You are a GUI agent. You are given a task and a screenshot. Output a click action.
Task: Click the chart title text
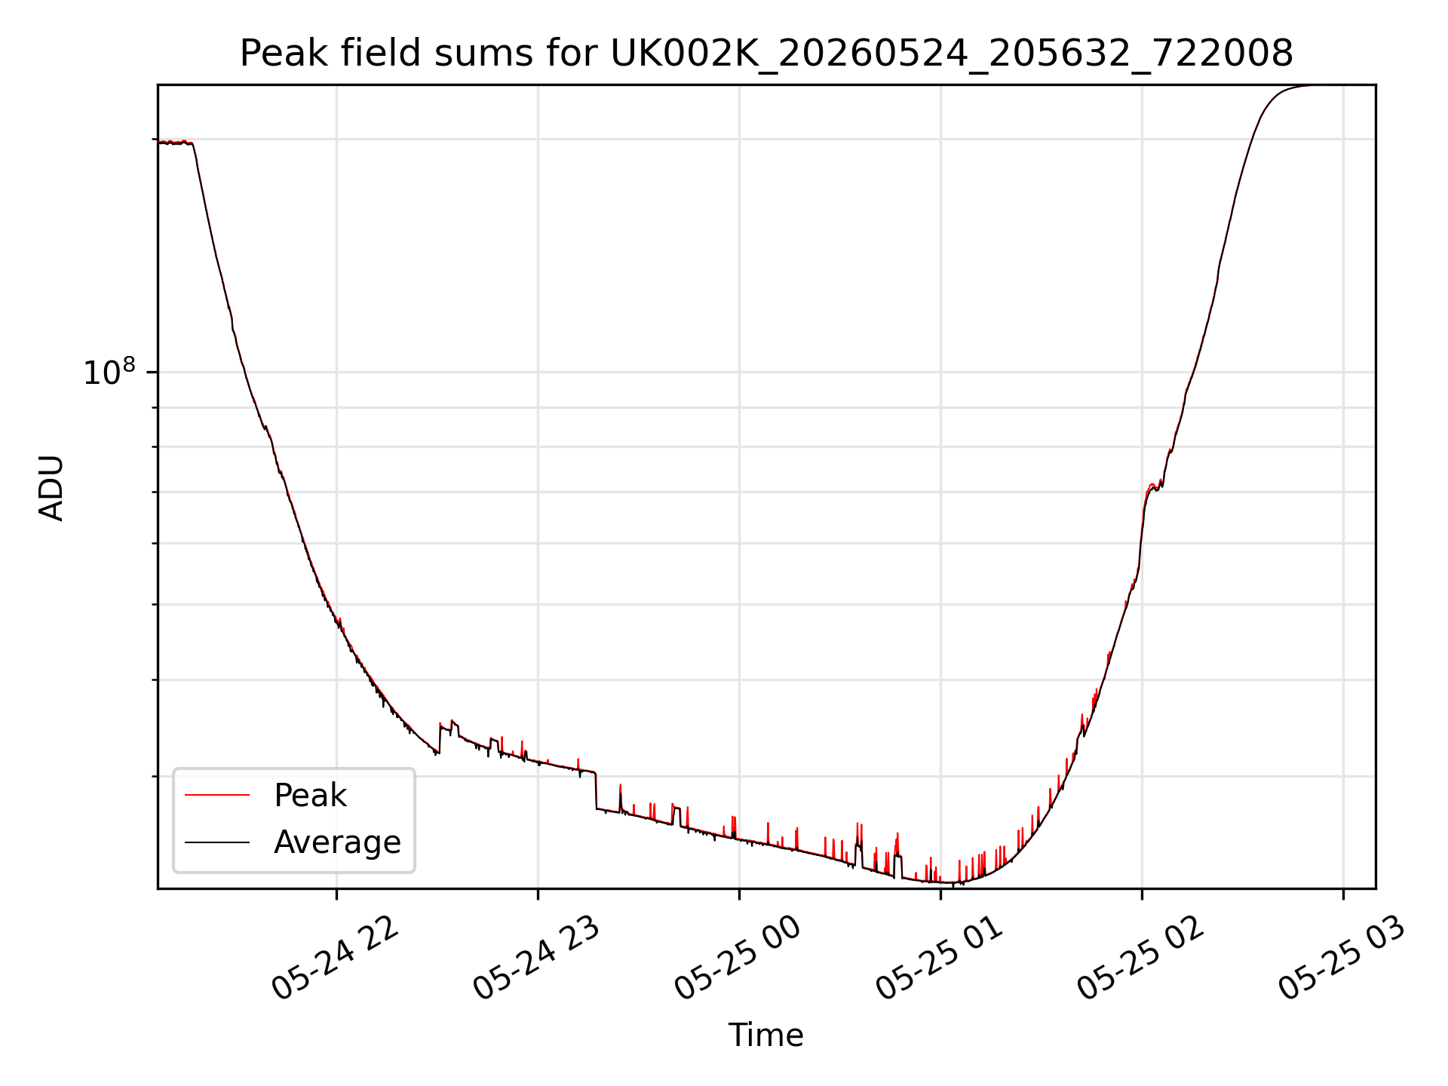766,54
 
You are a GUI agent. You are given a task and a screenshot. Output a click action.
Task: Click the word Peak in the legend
310,796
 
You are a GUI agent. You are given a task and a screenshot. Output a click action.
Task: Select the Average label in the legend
337,842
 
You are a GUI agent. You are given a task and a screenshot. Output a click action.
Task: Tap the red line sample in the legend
217,795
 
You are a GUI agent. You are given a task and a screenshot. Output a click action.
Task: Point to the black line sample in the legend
217,842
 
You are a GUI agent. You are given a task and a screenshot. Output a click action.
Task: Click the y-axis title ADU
51,488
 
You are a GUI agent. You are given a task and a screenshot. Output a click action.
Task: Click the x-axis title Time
765,1035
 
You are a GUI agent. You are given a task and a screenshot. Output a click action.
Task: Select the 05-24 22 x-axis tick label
335,959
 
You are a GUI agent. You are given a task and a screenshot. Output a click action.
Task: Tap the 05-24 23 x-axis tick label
536,959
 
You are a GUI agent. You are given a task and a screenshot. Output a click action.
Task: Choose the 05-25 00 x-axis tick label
738,959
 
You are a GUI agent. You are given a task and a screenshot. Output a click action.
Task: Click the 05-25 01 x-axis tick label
939,959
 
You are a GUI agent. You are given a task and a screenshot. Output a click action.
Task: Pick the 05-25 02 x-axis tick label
1140,959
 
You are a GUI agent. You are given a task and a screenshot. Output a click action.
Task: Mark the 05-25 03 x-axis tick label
1342,959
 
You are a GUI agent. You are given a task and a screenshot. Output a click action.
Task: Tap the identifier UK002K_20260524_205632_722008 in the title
952,54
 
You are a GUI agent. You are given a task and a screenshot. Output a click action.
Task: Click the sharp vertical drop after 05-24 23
596,790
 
